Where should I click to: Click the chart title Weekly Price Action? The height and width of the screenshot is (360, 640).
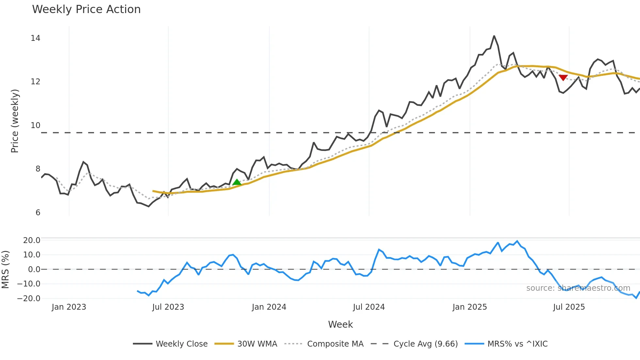coord(86,9)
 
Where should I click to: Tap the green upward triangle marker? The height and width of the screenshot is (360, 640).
coord(237,182)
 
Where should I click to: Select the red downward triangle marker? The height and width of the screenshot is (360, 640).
coord(563,77)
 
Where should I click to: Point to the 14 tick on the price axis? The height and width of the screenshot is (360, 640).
coord(35,38)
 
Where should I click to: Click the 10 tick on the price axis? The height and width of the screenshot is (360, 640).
coord(35,125)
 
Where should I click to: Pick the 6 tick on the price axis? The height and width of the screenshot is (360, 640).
coord(38,213)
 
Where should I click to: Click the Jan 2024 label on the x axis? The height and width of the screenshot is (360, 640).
coord(269,307)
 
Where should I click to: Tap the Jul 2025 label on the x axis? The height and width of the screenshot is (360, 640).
coord(569,307)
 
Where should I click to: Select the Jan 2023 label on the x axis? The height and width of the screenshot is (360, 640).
coord(69,307)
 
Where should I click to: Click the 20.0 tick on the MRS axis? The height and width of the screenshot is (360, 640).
coord(31,240)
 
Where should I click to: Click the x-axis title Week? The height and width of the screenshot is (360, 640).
coord(340,324)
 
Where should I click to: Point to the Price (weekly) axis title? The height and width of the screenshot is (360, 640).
coord(15,121)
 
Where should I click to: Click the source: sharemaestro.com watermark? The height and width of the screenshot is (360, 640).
coord(578,288)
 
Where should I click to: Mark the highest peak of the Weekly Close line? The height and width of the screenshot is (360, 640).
coord(494,36)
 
